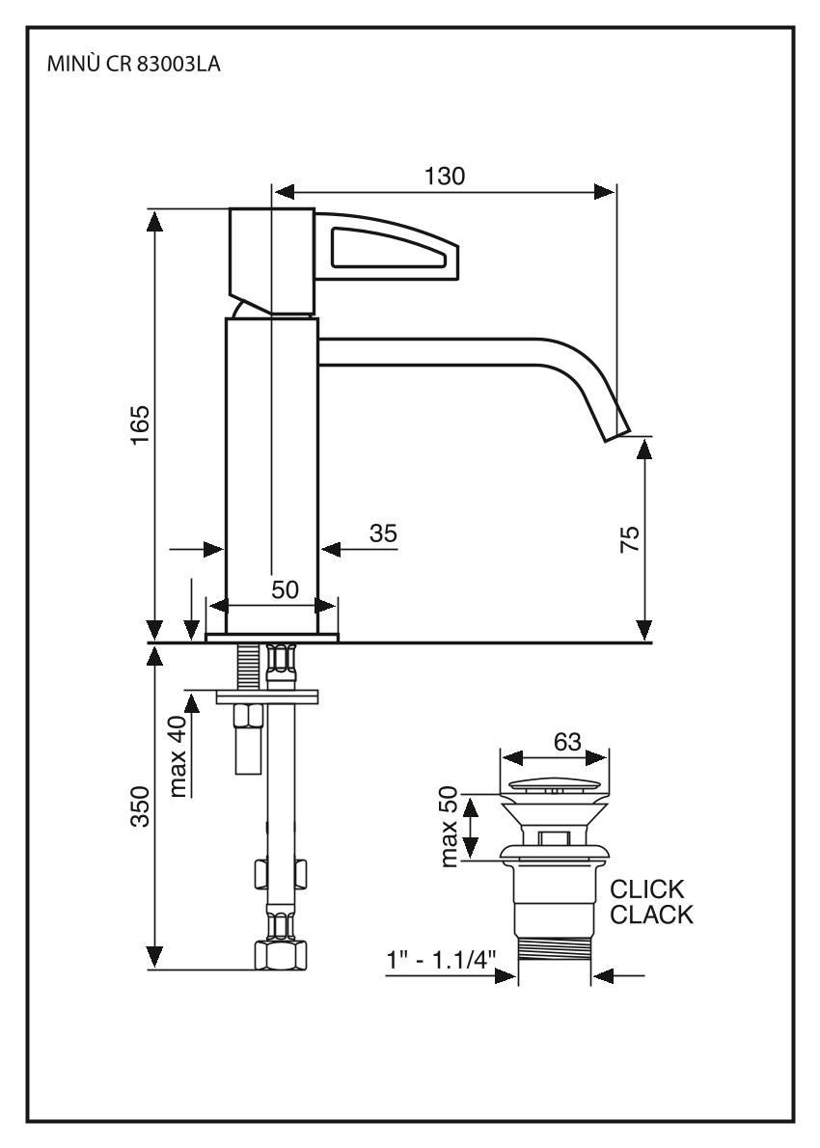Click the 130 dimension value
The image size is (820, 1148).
pyautogui.click(x=445, y=176)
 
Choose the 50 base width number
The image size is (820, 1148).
pyautogui.click(x=285, y=589)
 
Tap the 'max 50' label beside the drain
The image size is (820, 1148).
pyautogui.click(x=450, y=826)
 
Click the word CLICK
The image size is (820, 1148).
pyautogui.click(x=647, y=888)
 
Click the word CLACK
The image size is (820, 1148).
pyautogui.click(x=651, y=915)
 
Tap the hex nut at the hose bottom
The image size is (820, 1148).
pyautogui.click(x=280, y=956)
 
